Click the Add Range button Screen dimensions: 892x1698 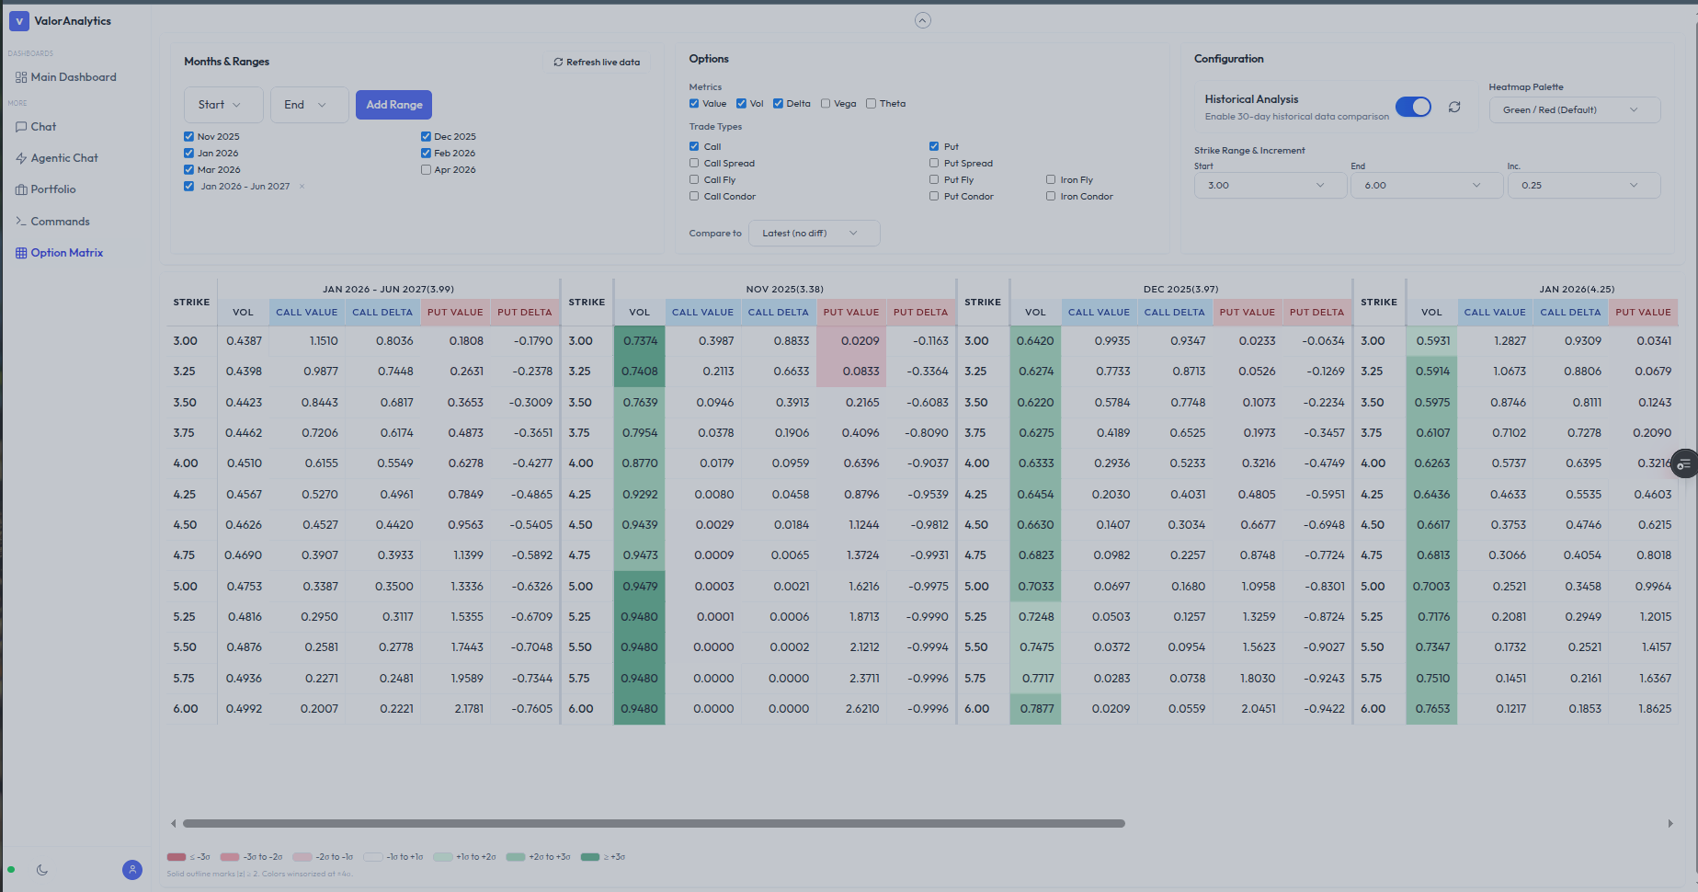point(393,105)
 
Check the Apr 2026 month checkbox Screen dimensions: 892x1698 point(426,170)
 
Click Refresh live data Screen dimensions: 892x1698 point(597,63)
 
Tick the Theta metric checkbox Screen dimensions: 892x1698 point(871,104)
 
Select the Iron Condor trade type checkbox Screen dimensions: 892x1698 point(1051,197)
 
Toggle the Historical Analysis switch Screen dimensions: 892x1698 point(1413,107)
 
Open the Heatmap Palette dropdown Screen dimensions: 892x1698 point(1573,110)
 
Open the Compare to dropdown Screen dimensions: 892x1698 point(813,234)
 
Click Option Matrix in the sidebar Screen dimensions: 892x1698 point(66,253)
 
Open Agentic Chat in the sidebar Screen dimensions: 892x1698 point(63,158)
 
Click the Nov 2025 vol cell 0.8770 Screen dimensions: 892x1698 point(639,463)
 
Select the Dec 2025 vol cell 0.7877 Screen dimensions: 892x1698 point(1035,709)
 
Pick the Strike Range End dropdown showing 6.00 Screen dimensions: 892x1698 point(1425,186)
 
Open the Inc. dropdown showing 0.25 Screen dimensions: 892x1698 point(1582,186)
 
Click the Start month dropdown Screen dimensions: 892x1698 point(222,105)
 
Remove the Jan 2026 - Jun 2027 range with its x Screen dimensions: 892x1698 point(302,187)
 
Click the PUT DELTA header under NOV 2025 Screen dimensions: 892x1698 point(920,313)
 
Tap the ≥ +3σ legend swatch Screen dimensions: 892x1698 point(590,857)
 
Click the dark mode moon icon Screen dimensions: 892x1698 point(42,870)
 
